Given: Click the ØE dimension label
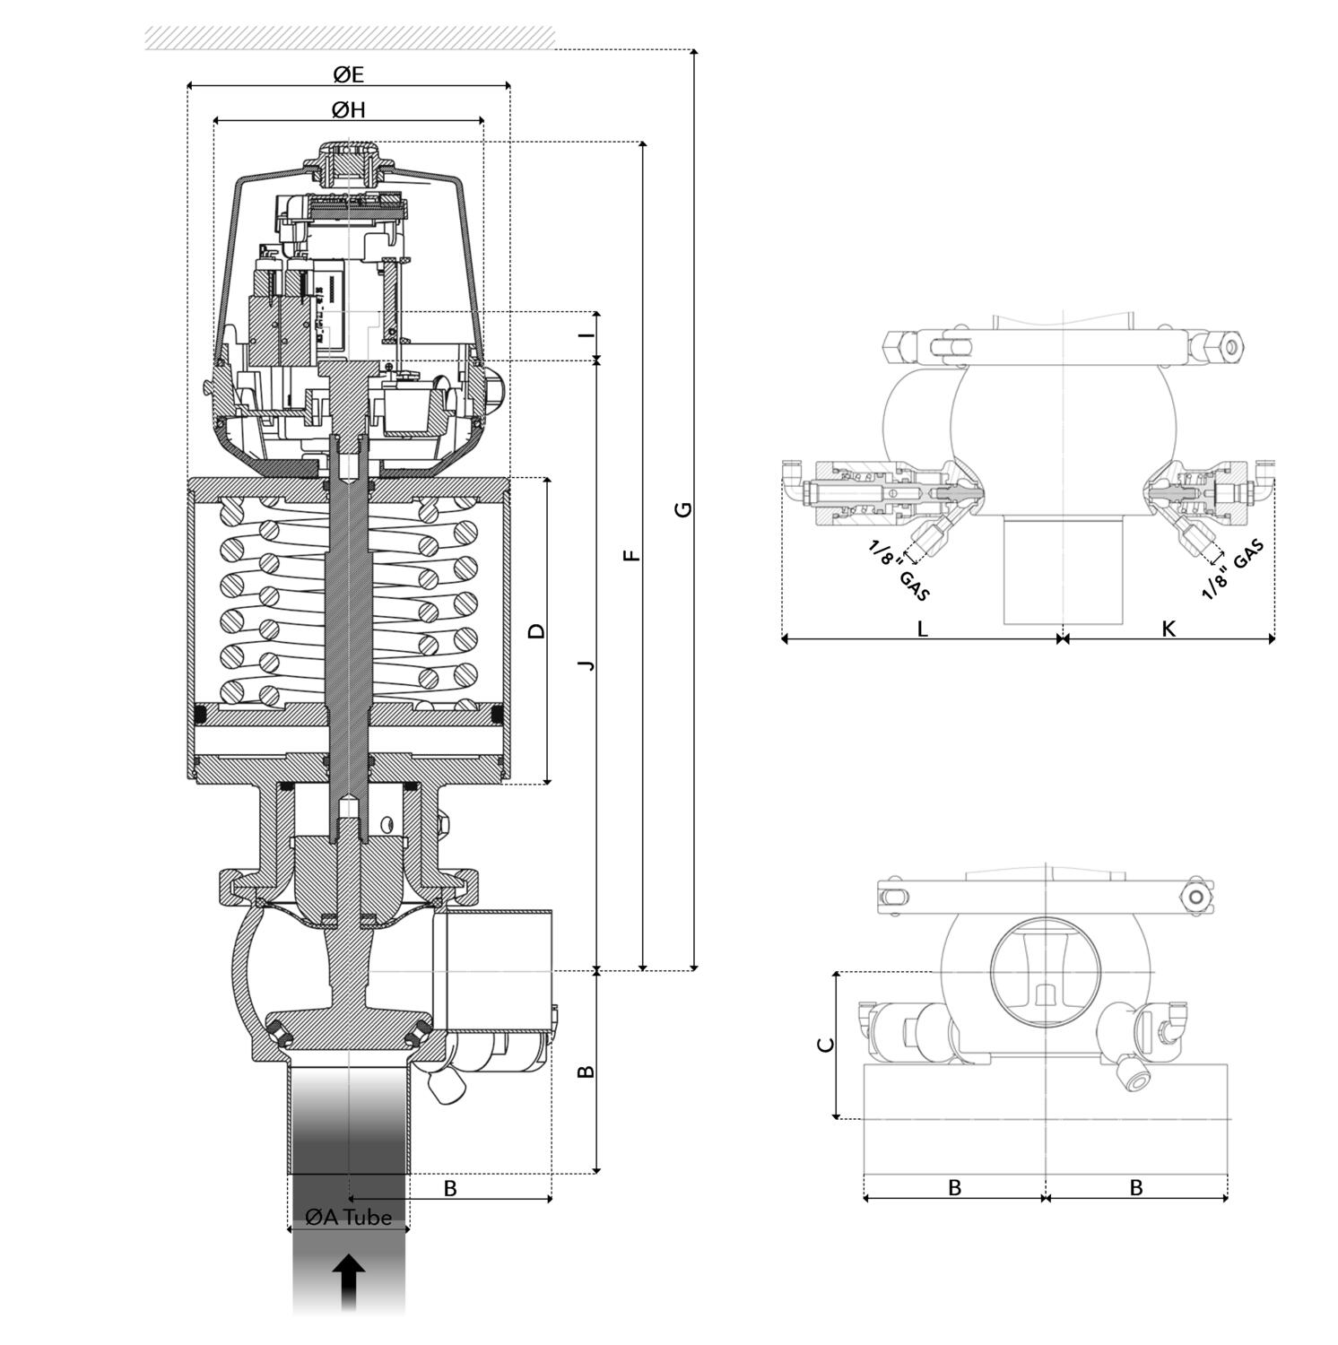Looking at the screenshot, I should pyautogui.click(x=348, y=74).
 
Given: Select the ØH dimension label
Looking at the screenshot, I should pyautogui.click(x=348, y=109).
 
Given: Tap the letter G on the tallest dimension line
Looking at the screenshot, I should pyautogui.click(x=683, y=509).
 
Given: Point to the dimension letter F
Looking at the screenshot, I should pyautogui.click(x=632, y=555).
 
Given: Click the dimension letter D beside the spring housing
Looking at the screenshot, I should pyautogui.click(x=536, y=630).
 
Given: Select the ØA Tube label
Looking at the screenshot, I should pyautogui.click(x=348, y=1217).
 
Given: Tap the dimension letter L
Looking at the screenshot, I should pyautogui.click(x=922, y=629).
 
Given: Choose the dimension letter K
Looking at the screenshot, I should pyautogui.click(x=1168, y=629).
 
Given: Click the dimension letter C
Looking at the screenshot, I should pyautogui.click(x=827, y=1045).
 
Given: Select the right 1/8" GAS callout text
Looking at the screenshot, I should pyautogui.click(x=1233, y=569).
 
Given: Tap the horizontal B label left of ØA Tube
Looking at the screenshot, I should pyautogui.click(x=450, y=1188).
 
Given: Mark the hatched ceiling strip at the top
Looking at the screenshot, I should pyautogui.click(x=350, y=38).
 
